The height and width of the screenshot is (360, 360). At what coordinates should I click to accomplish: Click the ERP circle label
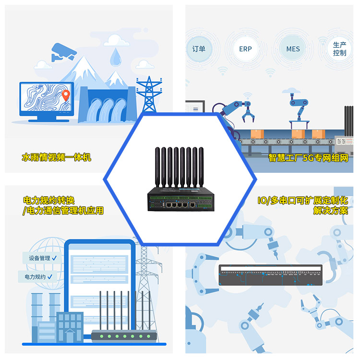(x=245, y=49)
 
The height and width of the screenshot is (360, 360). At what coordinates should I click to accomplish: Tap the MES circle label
(x=293, y=49)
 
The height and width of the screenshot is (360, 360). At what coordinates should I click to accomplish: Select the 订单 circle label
(x=199, y=49)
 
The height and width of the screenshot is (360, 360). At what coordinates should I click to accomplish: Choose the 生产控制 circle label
(x=339, y=49)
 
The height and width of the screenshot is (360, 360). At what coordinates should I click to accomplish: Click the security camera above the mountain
(x=62, y=51)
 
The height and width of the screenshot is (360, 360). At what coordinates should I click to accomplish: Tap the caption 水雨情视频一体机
(x=57, y=157)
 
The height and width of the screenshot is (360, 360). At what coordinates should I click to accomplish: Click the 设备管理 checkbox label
(x=42, y=258)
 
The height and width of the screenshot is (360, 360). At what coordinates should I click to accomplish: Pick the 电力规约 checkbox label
(x=37, y=277)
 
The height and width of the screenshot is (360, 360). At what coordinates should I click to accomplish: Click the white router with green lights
(x=124, y=336)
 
